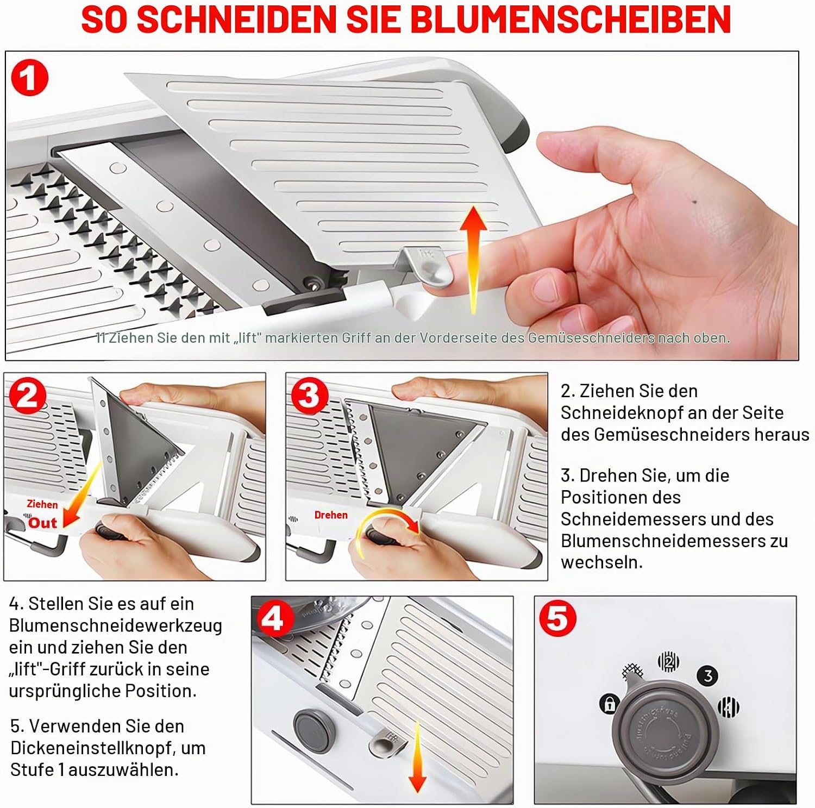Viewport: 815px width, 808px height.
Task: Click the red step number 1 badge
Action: click(30, 77)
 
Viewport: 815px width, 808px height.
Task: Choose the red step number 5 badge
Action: click(557, 618)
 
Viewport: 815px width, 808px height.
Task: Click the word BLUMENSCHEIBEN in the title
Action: click(570, 20)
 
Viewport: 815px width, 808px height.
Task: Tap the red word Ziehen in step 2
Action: click(42, 504)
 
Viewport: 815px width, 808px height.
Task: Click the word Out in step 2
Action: click(42, 523)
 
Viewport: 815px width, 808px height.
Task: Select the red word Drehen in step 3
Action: click(331, 515)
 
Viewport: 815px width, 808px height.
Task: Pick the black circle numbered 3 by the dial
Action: click(708, 676)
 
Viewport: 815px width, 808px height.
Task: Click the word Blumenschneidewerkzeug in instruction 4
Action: click(116, 626)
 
